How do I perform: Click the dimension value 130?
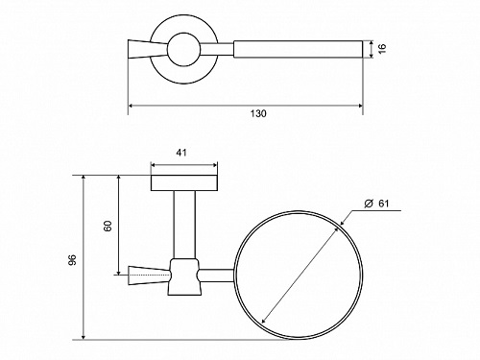pyautogui.click(x=258, y=113)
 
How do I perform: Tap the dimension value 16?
pyautogui.click(x=382, y=48)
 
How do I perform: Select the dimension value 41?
pyautogui.click(x=181, y=153)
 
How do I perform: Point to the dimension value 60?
pyautogui.click(x=108, y=226)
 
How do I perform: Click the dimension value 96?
pyautogui.click(x=72, y=260)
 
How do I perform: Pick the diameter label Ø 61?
pyautogui.click(x=376, y=204)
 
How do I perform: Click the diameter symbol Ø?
pyautogui.click(x=369, y=204)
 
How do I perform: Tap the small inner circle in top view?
pyautogui.click(x=184, y=33)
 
